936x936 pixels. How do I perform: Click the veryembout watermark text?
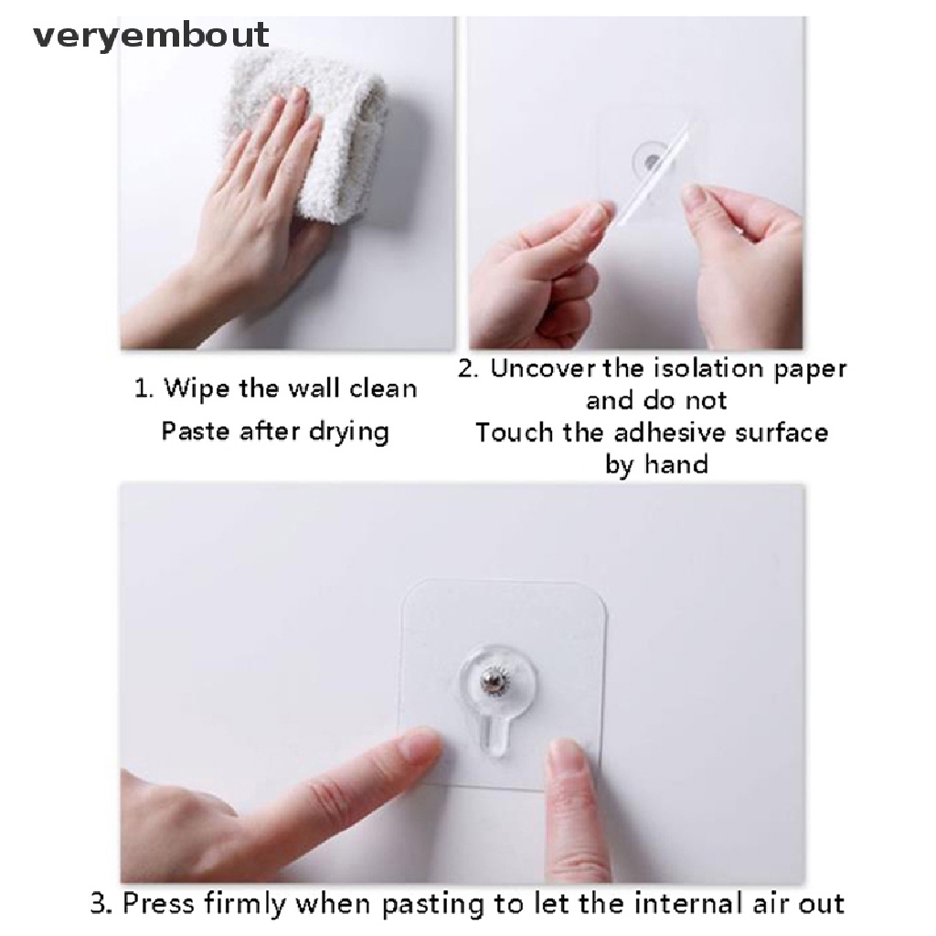point(151,36)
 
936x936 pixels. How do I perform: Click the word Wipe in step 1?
point(196,389)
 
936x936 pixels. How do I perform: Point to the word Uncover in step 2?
point(543,368)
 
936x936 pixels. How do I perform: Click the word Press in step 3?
point(158,903)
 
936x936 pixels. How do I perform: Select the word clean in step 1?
point(383,389)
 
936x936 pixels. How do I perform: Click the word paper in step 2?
point(810,370)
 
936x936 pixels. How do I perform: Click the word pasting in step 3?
point(432,905)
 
